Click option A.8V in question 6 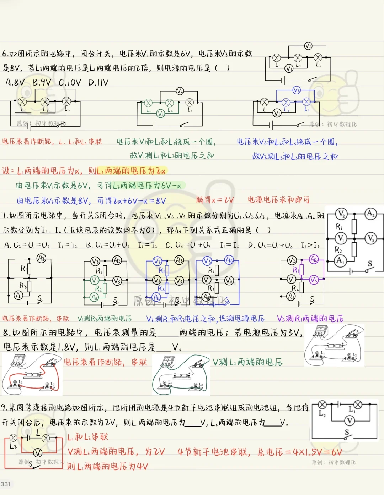[x=15, y=82]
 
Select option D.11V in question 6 [x=98, y=83]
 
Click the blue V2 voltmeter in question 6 [x=296, y=90]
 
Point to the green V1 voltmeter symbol [x=160, y=114]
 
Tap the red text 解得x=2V [x=215, y=200]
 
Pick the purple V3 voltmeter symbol [x=314, y=280]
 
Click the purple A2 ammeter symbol [x=314, y=259]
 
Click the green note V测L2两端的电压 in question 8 [x=247, y=362]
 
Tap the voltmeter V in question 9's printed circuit [x=350, y=421]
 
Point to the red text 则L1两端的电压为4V [x=107, y=466]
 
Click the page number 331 [x=5, y=484]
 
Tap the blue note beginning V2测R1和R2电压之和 [x=205, y=319]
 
